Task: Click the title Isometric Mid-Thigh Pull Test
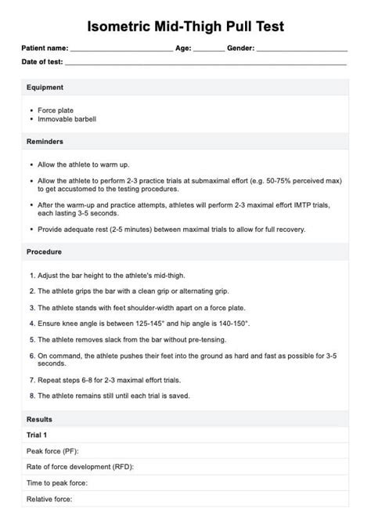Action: coord(185,27)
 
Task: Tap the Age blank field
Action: coord(208,50)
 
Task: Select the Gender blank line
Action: coord(301,50)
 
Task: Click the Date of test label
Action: coord(42,62)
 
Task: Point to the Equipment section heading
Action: coord(45,87)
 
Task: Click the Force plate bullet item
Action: coord(56,110)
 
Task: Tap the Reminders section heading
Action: coord(45,142)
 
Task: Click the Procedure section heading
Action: coord(44,252)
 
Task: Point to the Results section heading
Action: coord(39,419)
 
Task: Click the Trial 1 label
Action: coord(37,435)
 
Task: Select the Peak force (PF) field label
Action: coord(52,451)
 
